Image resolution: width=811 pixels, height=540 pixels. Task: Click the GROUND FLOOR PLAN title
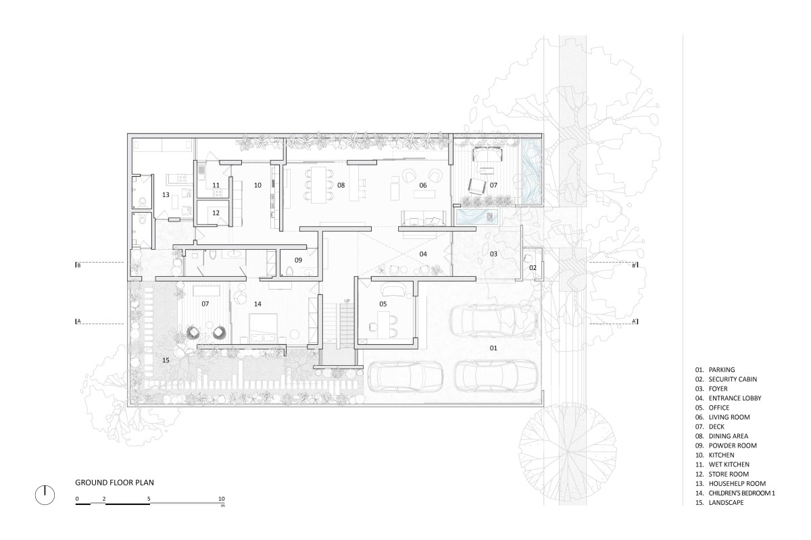(114, 483)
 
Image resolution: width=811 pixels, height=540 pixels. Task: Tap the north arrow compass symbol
(45, 495)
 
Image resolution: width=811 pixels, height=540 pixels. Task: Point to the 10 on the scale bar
(222, 499)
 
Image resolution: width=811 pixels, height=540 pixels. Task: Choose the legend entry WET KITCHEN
(729, 464)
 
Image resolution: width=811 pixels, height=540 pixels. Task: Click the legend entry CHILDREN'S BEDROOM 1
(742, 493)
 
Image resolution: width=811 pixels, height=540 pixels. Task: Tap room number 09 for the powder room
(298, 260)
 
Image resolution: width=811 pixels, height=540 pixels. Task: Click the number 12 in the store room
(216, 213)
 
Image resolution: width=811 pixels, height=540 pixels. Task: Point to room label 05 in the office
(383, 304)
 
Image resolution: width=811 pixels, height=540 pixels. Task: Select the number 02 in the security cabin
(533, 268)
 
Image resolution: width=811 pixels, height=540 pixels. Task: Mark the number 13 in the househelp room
(166, 195)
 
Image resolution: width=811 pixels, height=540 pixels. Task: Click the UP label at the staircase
(347, 301)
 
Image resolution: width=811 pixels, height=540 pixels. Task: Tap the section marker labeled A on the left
(78, 321)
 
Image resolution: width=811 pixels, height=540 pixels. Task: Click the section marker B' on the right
(635, 265)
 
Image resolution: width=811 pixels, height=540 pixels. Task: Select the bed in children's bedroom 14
(263, 327)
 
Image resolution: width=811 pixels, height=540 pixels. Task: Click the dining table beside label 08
(318, 185)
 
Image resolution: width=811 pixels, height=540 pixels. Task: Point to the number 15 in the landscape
(166, 360)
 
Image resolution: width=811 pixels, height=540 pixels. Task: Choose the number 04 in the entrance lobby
(423, 254)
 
